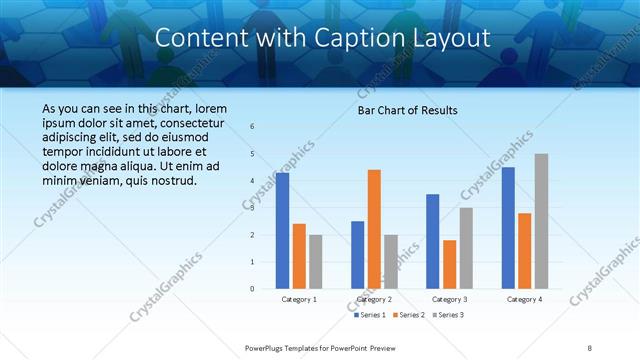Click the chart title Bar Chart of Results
click(x=407, y=111)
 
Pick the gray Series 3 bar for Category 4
click(x=541, y=221)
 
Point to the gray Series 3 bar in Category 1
click(x=316, y=262)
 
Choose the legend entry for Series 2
click(x=405, y=314)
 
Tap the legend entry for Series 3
click(x=445, y=314)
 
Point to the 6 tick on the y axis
click(x=252, y=127)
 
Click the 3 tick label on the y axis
click(x=252, y=208)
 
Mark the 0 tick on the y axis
click(x=252, y=289)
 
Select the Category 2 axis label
click(x=374, y=299)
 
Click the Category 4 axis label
click(x=524, y=299)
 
